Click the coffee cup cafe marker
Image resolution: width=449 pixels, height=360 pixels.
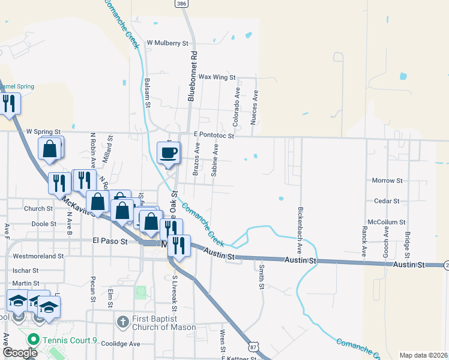168,152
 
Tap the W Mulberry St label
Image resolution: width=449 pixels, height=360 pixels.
167,43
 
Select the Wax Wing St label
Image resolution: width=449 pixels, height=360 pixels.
217,77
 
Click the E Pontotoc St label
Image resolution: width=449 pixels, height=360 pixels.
213,136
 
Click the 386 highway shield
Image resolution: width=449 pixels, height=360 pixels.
181,4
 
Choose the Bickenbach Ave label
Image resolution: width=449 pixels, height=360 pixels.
300,231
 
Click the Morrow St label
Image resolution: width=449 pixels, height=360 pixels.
387,181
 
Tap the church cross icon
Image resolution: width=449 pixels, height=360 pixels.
122,320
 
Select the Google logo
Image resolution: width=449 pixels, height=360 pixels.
20,352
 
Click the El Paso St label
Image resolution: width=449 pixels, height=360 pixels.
110,241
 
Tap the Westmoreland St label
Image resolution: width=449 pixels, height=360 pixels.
38,256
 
